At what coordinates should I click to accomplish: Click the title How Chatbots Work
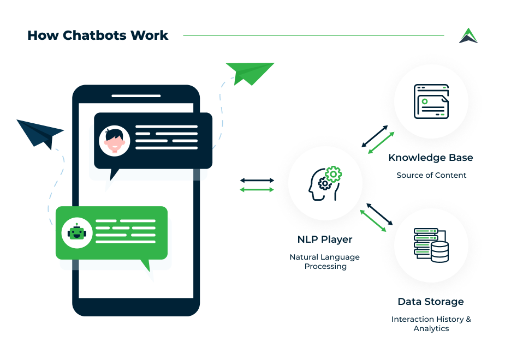pos(98,36)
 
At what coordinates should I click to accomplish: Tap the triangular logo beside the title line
pos(468,36)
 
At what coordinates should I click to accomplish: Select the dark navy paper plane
pos(40,133)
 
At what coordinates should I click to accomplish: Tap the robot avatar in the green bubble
pos(77,233)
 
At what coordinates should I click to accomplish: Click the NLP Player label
pos(325,239)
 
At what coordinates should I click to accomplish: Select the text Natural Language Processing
pos(325,262)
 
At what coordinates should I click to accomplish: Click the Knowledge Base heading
pos(431,158)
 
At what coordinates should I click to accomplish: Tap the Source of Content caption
pos(431,175)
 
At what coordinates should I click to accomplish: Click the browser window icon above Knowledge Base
pos(431,101)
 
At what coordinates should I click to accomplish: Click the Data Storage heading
pos(431,302)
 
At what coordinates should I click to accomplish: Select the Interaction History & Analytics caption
pos(431,324)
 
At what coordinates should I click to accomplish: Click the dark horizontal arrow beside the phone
pos(257,180)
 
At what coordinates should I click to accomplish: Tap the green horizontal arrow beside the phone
pos(257,189)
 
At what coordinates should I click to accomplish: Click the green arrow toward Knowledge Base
pos(381,142)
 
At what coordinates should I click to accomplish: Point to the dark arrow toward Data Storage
pos(379,214)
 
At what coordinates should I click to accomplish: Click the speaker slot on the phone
pos(136,96)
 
